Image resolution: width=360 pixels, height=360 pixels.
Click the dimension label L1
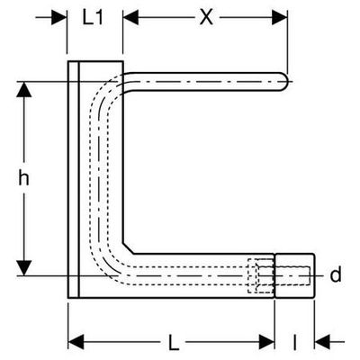(93, 18)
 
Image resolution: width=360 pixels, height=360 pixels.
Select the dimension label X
(206, 18)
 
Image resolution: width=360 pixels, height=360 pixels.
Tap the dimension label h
(23, 177)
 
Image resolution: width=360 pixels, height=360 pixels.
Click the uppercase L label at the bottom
(174, 343)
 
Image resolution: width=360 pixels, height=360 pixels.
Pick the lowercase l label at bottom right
(295, 343)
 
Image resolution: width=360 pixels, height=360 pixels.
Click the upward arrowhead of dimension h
(24, 89)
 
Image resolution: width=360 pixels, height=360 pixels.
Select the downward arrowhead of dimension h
(24, 268)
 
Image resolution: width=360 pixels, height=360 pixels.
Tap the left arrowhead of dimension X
(130, 18)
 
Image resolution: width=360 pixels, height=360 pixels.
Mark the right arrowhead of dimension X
(280, 18)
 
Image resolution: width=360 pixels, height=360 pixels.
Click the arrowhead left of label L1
(59, 18)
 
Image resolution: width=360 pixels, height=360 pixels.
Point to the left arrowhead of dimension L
(76, 342)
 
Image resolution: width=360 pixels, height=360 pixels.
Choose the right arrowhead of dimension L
(266, 342)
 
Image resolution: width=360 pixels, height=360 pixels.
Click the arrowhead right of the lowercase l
(322, 342)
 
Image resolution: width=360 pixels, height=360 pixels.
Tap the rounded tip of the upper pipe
(284, 81)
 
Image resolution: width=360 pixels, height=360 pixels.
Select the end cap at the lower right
(295, 275)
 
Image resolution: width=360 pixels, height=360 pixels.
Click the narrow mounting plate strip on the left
(74, 179)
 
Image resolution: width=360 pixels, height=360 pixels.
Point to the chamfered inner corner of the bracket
(129, 247)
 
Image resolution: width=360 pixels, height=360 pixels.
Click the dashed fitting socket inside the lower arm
(261, 275)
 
